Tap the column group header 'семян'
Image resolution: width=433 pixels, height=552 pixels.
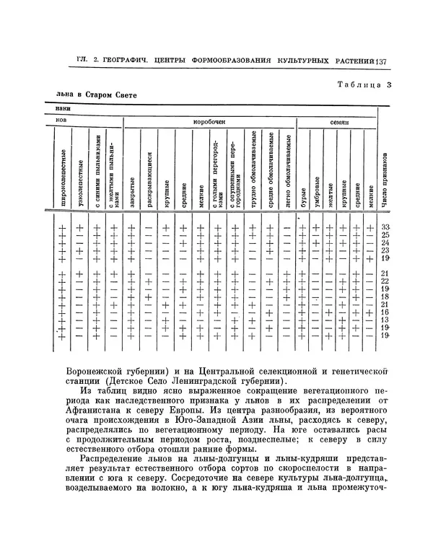(340, 123)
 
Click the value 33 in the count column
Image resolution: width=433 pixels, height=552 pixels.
(385, 227)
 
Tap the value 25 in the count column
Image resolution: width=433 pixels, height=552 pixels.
(385, 235)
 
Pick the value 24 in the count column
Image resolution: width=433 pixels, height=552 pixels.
(385, 243)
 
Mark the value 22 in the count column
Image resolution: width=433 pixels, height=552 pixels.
(385, 281)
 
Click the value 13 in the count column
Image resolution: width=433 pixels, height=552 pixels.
(385, 320)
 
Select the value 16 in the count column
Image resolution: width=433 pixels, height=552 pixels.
(385, 312)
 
